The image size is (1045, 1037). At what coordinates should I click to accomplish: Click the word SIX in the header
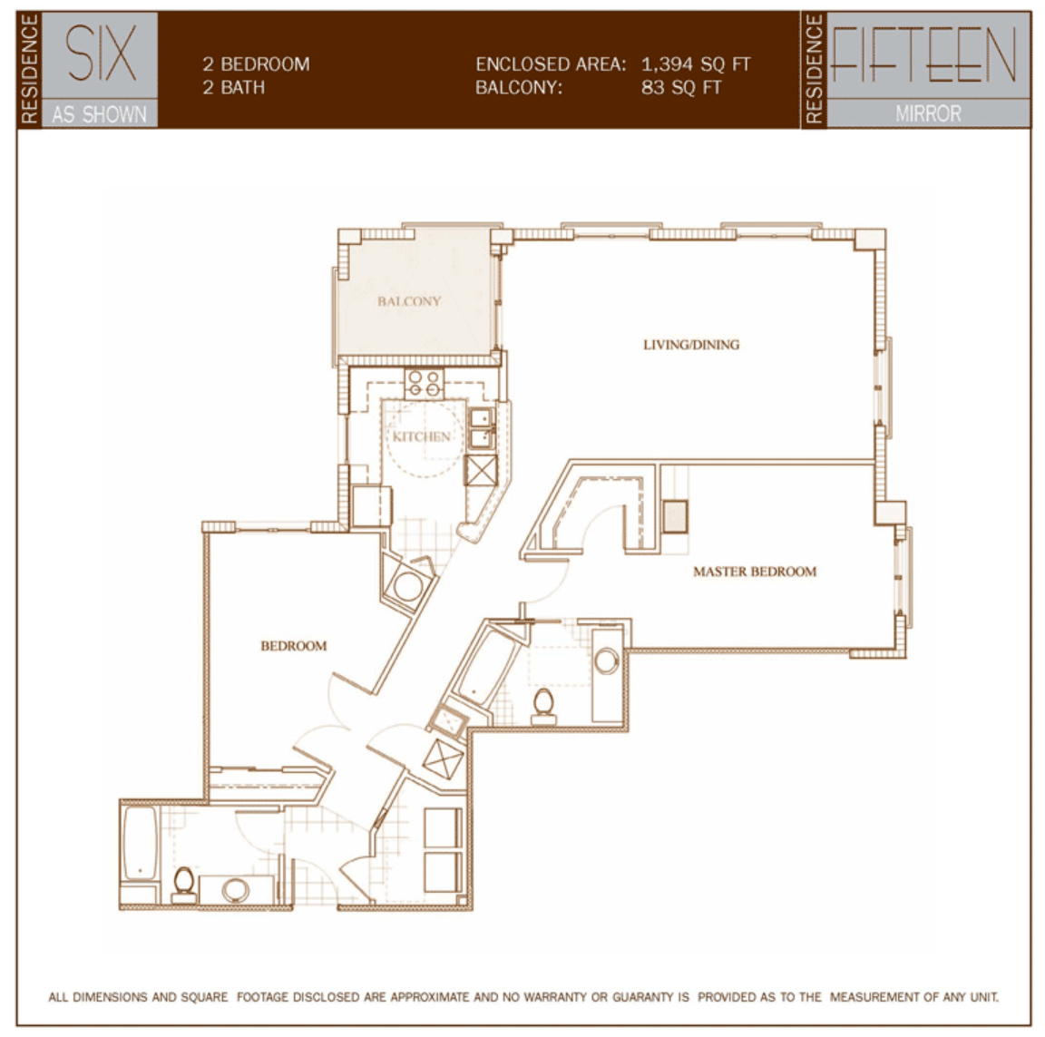[101, 54]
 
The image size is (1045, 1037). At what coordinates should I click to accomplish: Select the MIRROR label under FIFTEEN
[928, 114]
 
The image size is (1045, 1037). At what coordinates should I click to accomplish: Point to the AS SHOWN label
[99, 114]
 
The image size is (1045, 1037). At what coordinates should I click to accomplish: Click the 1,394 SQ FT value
[696, 64]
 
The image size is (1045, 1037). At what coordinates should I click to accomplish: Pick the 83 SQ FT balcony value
[681, 87]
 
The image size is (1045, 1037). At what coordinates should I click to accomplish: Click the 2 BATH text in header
[234, 87]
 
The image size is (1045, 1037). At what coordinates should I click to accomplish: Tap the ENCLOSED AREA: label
[551, 64]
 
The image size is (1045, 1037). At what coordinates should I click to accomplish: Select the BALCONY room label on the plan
[409, 301]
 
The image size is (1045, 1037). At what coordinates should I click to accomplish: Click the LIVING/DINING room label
[691, 345]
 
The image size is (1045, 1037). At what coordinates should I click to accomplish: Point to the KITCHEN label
[421, 436]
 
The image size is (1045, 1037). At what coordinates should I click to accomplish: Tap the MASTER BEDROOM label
[755, 572]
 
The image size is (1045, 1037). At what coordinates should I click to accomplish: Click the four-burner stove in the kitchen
[425, 384]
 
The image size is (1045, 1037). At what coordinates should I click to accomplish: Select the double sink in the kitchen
[481, 427]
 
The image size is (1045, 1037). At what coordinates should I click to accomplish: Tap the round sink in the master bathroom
[607, 661]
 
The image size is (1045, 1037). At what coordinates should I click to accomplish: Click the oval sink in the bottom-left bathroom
[235, 890]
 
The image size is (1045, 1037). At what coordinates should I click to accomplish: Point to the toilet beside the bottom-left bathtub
[183, 885]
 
